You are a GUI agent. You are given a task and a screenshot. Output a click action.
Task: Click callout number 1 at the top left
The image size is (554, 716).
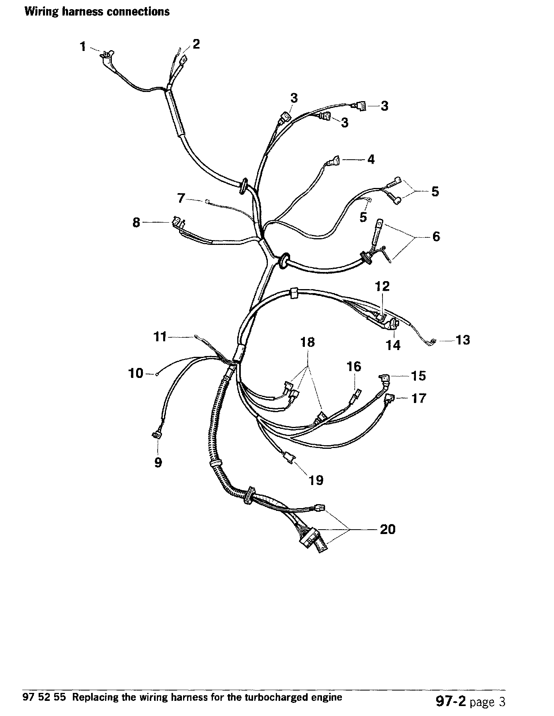coord(83,47)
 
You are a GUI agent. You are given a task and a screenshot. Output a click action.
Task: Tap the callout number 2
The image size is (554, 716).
coord(196,44)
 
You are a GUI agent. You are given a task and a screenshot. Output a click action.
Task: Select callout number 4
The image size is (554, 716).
coord(371,160)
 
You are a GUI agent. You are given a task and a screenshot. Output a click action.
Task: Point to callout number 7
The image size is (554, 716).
coord(181,198)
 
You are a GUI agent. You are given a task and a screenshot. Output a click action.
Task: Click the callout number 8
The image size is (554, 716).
coord(137,222)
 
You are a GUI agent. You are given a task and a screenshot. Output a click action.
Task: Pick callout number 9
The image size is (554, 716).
coord(158,462)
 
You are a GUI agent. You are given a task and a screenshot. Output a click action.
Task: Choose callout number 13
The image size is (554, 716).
coord(463,340)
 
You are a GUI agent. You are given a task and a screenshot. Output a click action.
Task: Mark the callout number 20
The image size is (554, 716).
coord(388,529)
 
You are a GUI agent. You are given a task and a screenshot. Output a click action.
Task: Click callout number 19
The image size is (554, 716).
coord(316,480)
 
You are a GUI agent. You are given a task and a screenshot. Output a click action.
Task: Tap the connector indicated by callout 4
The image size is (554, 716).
coord(332,161)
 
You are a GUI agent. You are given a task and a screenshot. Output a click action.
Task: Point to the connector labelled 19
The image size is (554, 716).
coord(290,459)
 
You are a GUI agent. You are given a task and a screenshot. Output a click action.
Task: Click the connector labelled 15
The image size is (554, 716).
coord(385,378)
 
